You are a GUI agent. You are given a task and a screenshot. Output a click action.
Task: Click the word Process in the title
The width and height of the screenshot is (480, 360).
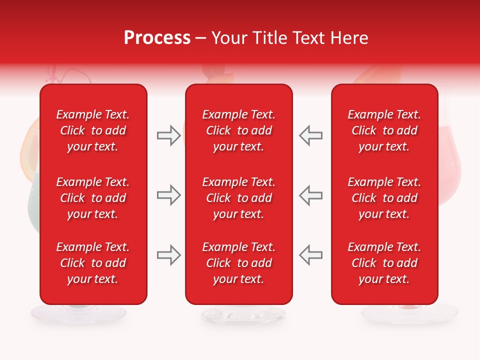(157, 38)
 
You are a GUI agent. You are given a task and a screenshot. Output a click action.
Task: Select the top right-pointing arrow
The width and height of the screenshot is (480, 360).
(168, 135)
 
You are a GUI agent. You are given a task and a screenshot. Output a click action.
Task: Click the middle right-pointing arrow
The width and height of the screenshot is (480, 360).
(168, 195)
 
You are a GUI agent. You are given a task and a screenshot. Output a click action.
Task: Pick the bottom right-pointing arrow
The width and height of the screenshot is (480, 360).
(168, 255)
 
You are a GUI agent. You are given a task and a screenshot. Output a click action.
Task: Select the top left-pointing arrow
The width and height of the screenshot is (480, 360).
(310, 135)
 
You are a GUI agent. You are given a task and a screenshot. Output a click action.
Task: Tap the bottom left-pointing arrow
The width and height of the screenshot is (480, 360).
(310, 254)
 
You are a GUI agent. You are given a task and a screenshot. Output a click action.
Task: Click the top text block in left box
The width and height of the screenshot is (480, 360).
(93, 130)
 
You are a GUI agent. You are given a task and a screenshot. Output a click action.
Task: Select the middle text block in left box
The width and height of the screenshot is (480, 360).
(93, 198)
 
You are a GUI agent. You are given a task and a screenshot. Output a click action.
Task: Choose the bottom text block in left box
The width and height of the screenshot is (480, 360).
(93, 263)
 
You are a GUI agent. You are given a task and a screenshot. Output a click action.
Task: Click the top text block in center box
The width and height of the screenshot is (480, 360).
(238, 130)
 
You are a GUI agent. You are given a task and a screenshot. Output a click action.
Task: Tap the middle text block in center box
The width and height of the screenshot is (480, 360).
(238, 198)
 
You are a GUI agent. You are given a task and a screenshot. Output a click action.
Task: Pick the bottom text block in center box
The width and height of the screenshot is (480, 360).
(238, 263)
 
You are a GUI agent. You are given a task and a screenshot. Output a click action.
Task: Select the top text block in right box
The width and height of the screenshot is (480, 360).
(384, 130)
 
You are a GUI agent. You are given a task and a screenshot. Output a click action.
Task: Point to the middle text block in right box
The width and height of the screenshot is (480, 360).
(384, 198)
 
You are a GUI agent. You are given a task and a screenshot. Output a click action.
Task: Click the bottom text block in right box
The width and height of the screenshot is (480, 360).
(384, 263)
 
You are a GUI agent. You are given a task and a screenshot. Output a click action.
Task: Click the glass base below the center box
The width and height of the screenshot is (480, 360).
(243, 314)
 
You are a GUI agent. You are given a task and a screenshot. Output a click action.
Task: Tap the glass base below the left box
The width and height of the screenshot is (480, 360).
(78, 314)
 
